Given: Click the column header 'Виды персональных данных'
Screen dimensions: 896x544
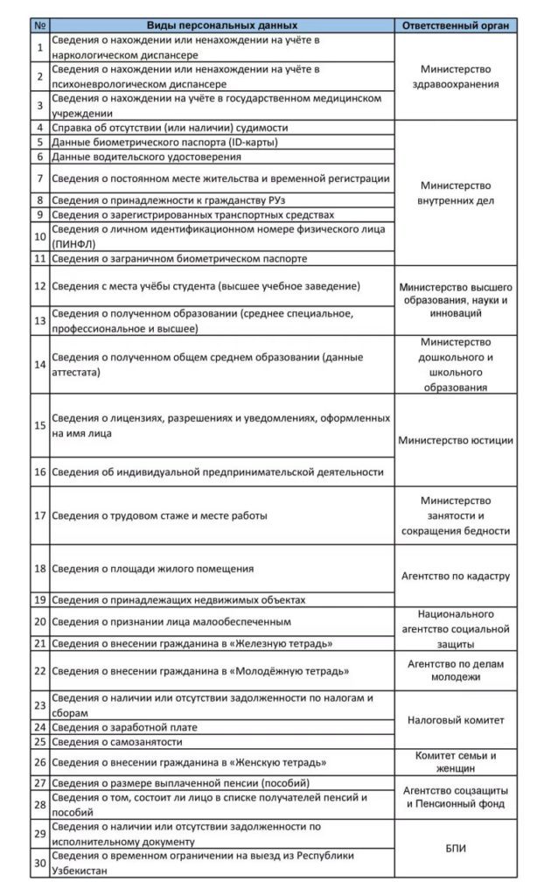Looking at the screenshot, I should coord(221,25).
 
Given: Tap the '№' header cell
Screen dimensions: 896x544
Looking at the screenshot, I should coord(40,25).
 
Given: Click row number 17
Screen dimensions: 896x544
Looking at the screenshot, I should coord(40,514).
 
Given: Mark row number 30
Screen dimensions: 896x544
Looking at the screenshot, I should coord(40,861).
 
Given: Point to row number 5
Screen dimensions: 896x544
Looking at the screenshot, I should coord(40,142).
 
